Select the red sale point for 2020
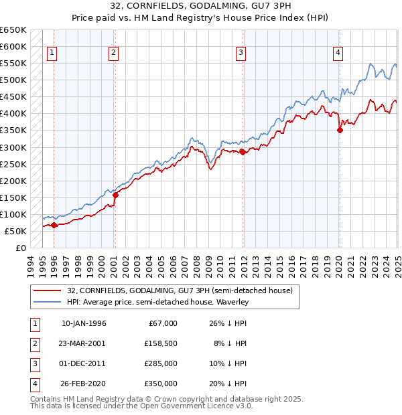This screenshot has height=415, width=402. pos(340,130)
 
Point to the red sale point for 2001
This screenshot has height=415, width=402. pos(115,195)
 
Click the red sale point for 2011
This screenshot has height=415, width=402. pos(243,152)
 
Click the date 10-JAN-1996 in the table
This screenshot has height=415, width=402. pos(84,323)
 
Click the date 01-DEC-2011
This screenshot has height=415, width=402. pos(83,363)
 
